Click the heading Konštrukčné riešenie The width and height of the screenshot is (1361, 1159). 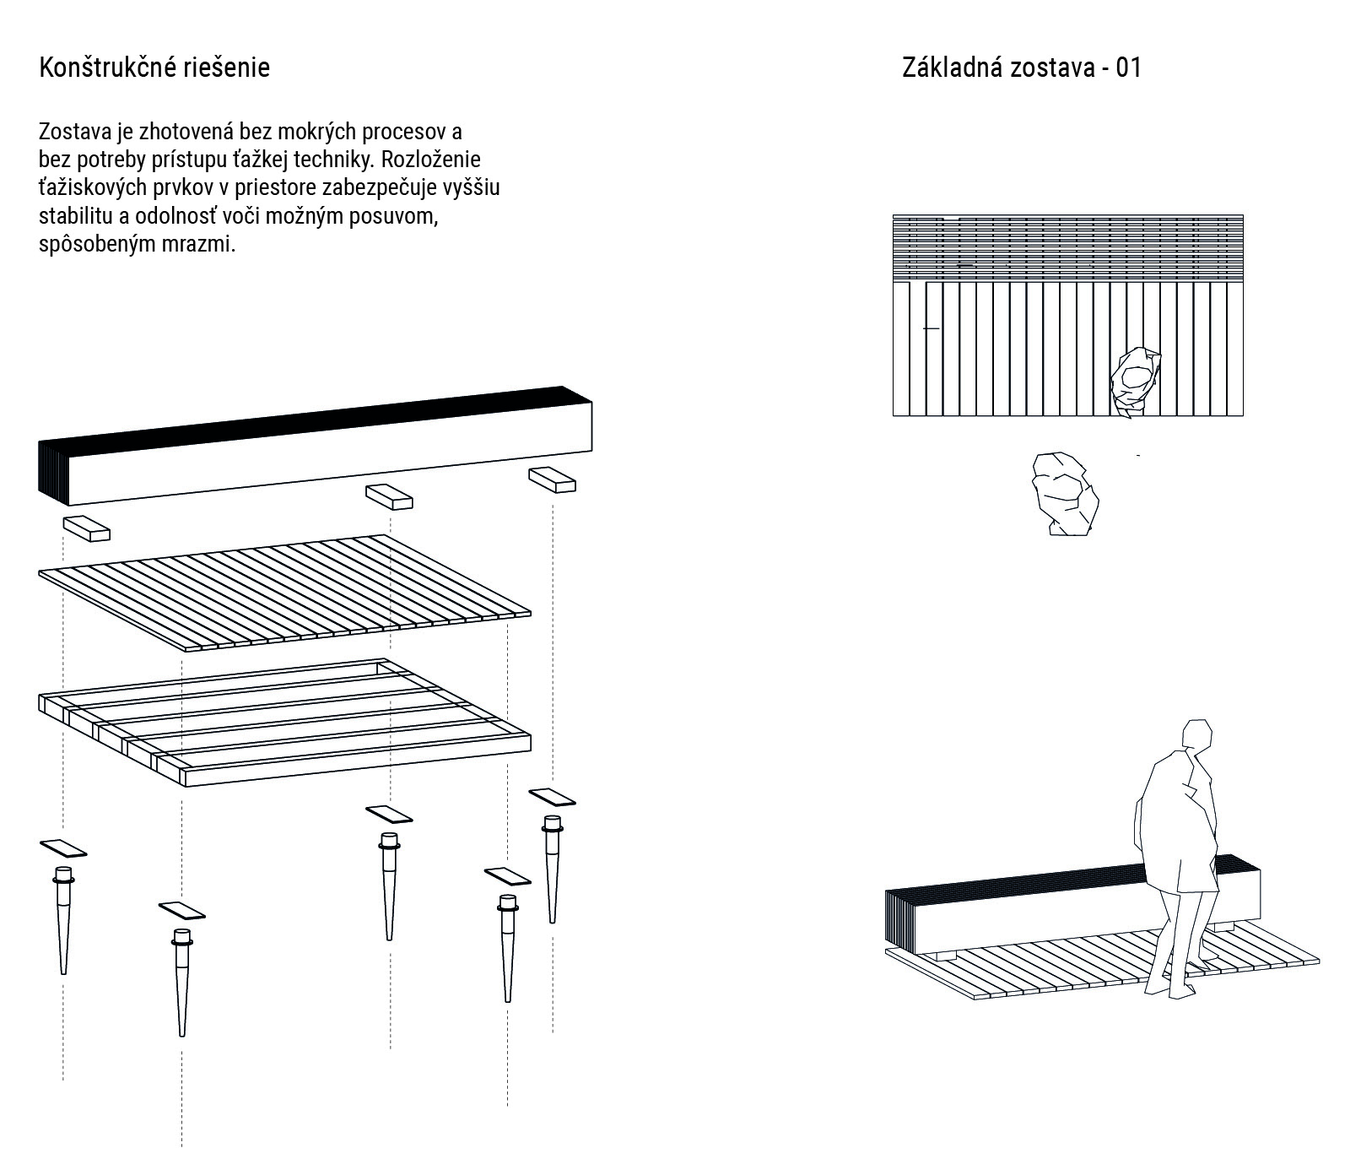[154, 68]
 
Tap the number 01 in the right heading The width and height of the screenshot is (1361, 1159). [1128, 68]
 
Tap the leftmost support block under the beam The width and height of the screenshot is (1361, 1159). [86, 528]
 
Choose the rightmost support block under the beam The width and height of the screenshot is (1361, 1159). [552, 479]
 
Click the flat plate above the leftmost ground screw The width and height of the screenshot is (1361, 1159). [63, 848]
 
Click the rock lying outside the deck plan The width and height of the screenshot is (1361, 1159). [1065, 494]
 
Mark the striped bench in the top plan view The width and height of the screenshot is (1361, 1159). [1067, 248]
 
